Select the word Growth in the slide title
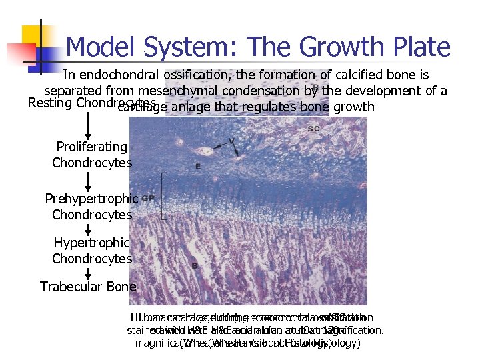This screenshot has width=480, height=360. click(336, 47)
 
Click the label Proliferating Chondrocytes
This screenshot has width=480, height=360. click(92, 155)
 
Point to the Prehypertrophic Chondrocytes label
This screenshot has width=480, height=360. click(92, 207)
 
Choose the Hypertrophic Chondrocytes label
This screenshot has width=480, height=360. click(92, 251)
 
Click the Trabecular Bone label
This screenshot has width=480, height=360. click(88, 287)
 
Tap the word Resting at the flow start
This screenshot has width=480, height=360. click(51, 103)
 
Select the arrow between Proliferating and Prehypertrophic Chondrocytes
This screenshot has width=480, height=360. click(88, 181)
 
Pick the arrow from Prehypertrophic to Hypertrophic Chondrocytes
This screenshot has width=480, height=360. click(88, 229)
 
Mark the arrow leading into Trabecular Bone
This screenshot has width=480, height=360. click(88, 272)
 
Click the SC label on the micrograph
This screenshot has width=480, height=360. click(313, 128)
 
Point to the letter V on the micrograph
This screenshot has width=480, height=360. click(231, 141)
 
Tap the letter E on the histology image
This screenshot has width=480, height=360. click(198, 166)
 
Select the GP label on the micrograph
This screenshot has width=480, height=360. click(149, 198)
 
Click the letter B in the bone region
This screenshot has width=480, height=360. click(195, 265)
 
